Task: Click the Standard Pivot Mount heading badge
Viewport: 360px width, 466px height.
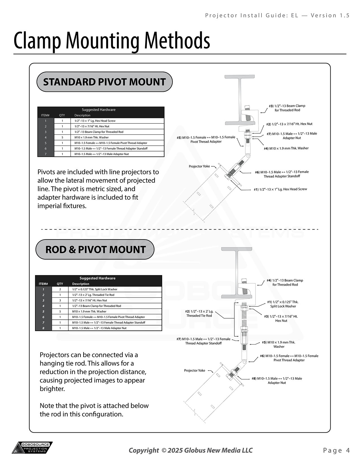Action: pyautogui.click(x=104, y=82)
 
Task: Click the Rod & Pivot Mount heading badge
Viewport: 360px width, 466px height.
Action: pyautogui.click(x=95, y=250)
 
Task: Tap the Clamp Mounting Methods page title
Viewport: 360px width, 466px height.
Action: pyautogui.click(x=112, y=41)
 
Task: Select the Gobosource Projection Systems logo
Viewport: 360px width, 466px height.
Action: pyautogui.click(x=32, y=448)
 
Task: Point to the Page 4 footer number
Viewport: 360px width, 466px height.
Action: pyautogui.click(x=337, y=450)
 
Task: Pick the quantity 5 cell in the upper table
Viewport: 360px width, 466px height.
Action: pyautogui.click(x=62, y=138)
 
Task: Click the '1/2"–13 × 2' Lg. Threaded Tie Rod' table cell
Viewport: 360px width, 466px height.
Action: pyautogui.click(x=93, y=295)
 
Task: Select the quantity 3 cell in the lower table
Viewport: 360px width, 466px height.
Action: pyautogui.click(x=60, y=300)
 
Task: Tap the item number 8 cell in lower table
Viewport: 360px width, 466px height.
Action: pyautogui.click(x=43, y=328)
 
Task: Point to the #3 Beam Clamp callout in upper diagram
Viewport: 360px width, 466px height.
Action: pyautogui.click(x=287, y=108)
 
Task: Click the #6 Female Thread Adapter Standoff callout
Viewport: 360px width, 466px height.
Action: pyautogui.click(x=282, y=174)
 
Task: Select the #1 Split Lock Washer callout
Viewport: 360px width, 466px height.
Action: pyautogui.click(x=283, y=304)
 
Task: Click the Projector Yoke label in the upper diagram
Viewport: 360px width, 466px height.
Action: pyautogui.click(x=199, y=166)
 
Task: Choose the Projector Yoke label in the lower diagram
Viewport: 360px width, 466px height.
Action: pyautogui.click(x=195, y=371)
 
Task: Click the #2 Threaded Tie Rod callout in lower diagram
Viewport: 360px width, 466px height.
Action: pyautogui.click(x=199, y=313)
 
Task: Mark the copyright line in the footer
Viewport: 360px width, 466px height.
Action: pyautogui.click(x=191, y=450)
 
